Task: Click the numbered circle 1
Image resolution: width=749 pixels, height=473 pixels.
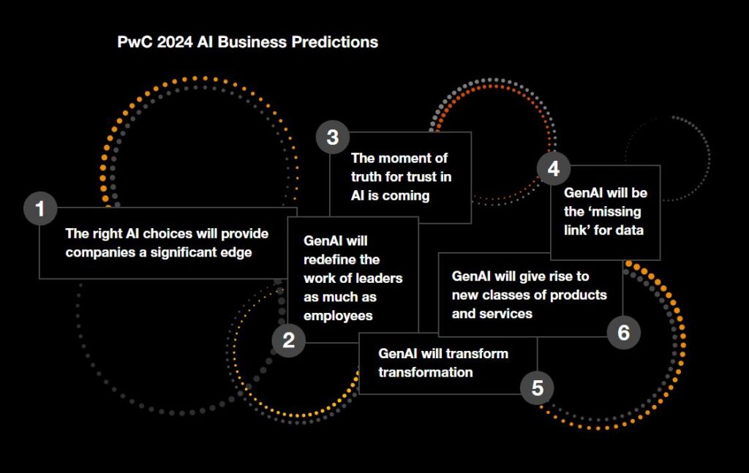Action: pyautogui.click(x=41, y=208)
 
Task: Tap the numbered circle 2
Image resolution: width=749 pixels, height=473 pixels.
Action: pyautogui.click(x=288, y=341)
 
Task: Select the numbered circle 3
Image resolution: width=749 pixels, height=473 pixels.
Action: pyautogui.click(x=333, y=137)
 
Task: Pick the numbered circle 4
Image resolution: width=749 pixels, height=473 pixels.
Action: pyautogui.click(x=554, y=168)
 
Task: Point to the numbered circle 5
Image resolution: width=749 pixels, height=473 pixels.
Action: pyautogui.click(x=538, y=387)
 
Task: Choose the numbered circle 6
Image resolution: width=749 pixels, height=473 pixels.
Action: pyautogui.click(x=623, y=332)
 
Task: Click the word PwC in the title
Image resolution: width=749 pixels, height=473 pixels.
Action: pyautogui.click(x=135, y=42)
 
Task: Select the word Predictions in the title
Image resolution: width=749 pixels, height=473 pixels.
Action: pyautogui.click(x=335, y=42)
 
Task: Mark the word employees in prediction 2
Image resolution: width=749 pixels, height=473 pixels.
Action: pyautogui.click(x=338, y=316)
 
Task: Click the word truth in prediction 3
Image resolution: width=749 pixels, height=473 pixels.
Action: pyautogui.click(x=366, y=177)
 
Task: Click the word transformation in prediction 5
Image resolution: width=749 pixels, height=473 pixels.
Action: pyautogui.click(x=426, y=372)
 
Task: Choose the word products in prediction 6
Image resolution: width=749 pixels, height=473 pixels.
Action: pyautogui.click(x=579, y=295)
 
